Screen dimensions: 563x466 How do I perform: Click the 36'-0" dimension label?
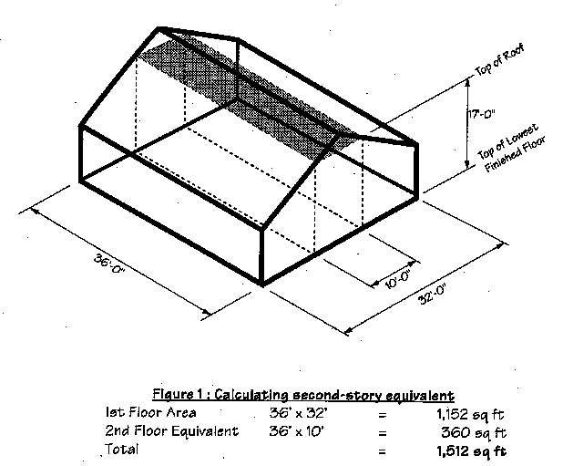109,264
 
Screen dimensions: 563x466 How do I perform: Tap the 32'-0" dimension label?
433,295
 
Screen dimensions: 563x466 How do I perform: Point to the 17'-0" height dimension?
482,115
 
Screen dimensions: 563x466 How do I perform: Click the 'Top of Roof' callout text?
499,59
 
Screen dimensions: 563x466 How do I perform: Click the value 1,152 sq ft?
470,414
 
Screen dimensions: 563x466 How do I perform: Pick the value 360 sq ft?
474,432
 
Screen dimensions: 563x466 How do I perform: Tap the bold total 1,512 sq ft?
471,450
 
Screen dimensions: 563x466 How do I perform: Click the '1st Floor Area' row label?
151,412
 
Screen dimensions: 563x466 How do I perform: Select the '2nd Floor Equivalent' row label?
171,430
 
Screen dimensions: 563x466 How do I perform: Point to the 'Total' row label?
121,449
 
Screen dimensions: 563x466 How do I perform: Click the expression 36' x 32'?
299,413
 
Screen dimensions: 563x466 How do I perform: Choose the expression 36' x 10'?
297,431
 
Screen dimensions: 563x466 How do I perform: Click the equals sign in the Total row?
383,451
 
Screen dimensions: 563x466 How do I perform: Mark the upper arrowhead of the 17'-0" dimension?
467,82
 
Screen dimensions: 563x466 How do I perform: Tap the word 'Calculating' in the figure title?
251,395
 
